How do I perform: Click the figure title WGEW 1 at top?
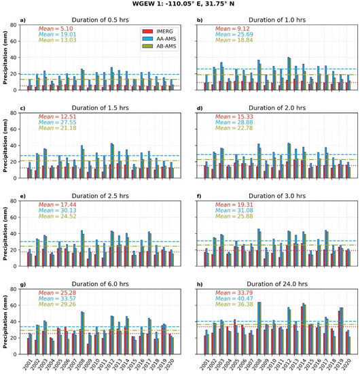pyautogui.click(x=179, y=6)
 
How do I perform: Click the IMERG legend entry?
pyautogui.click(x=161, y=31)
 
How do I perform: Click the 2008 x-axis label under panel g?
pyautogui.click(x=82, y=353)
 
